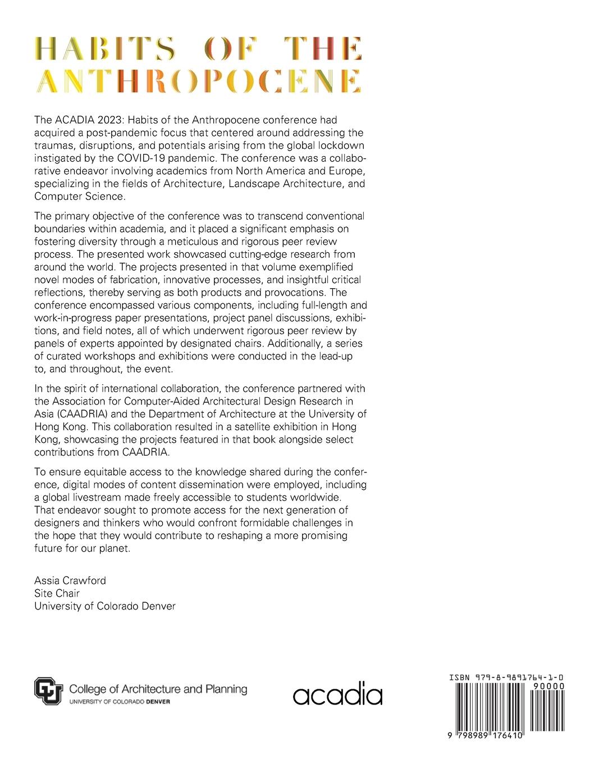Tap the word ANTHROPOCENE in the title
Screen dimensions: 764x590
point(199,81)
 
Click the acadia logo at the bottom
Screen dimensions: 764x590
point(337,694)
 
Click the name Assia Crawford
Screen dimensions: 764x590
point(70,580)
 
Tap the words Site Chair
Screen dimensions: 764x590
point(57,593)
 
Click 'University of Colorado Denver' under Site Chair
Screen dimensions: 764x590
point(105,606)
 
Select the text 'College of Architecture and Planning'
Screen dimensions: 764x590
point(158,689)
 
